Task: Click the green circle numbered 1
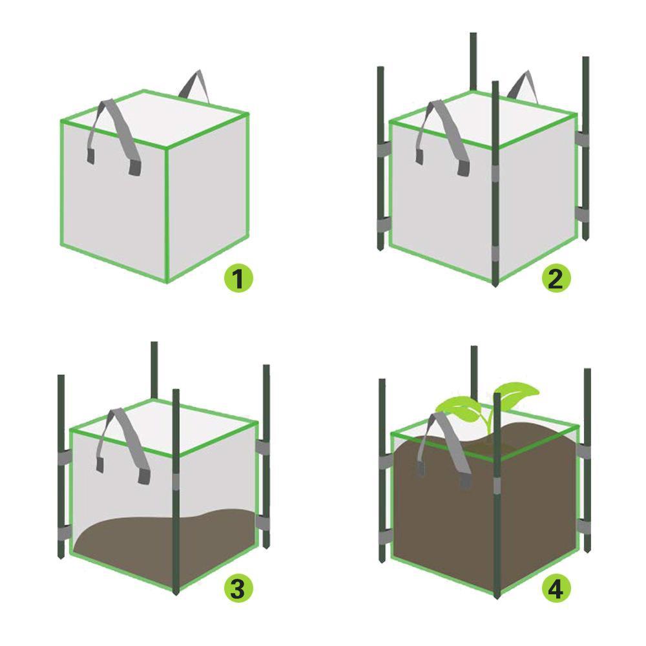click(238, 279)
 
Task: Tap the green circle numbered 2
click(556, 278)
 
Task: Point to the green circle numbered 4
click(556, 589)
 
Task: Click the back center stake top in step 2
click(473, 58)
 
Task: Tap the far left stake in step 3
click(61, 465)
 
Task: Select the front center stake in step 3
click(176, 491)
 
